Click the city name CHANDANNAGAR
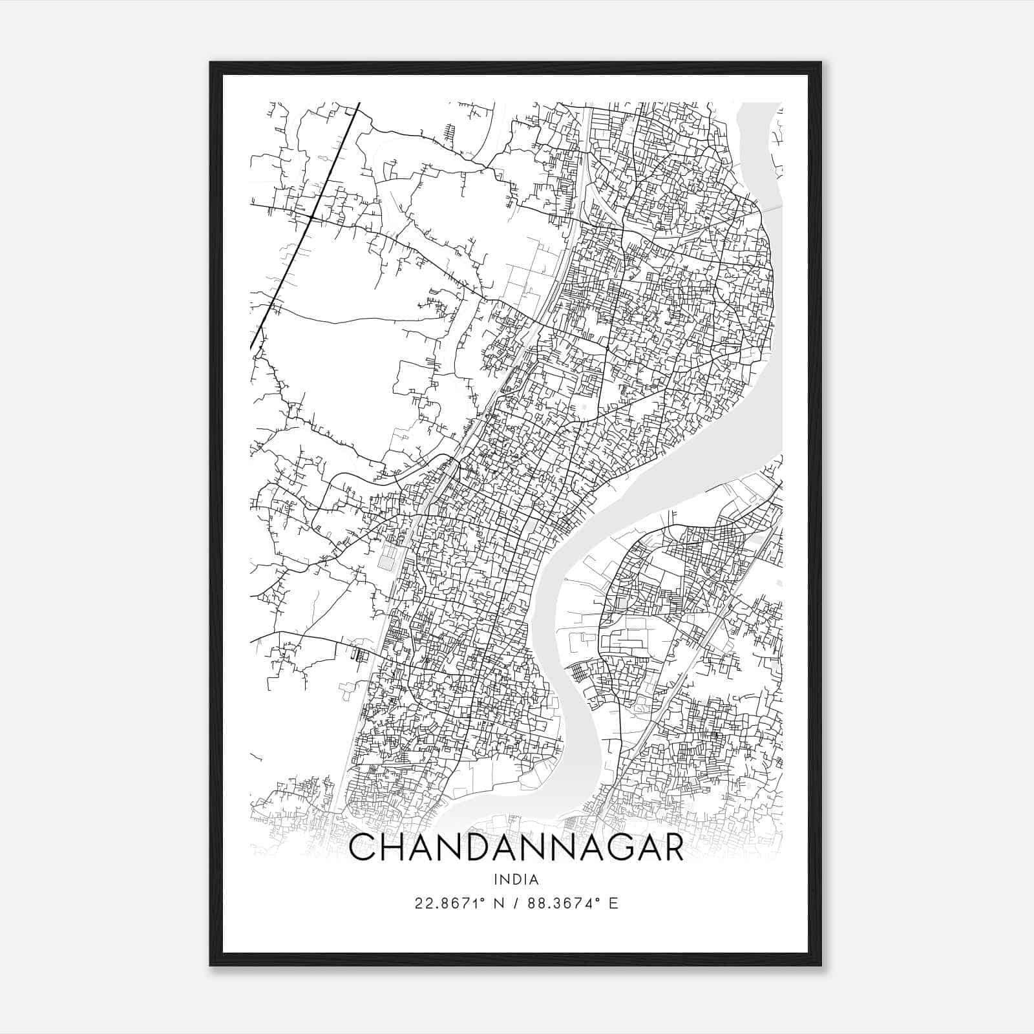(516, 848)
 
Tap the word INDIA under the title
(516, 880)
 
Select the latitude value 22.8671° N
(459, 903)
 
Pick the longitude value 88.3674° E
(573, 903)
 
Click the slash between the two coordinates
(516, 903)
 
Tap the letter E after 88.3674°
(614, 903)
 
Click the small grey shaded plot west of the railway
(386, 560)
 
